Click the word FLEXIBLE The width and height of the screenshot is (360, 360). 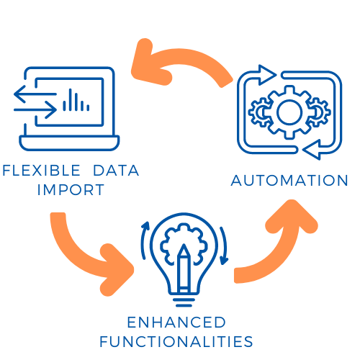click(41, 171)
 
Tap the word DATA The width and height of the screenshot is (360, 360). click(116, 171)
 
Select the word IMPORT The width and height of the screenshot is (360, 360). click(71, 190)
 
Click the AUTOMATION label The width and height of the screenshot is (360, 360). click(289, 181)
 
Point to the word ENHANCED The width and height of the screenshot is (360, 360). click(176, 322)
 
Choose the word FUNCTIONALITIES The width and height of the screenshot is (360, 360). click(176, 341)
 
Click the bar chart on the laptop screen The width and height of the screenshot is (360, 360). click(76, 101)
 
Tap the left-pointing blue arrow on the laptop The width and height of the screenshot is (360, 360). click(35, 94)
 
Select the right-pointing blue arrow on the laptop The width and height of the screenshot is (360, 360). click(35, 110)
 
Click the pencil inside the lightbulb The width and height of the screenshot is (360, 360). click(184, 268)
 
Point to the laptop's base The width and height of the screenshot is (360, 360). click(69, 143)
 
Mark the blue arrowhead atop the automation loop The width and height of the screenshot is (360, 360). click(267, 75)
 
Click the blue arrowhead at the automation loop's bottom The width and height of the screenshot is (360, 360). click(312, 150)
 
